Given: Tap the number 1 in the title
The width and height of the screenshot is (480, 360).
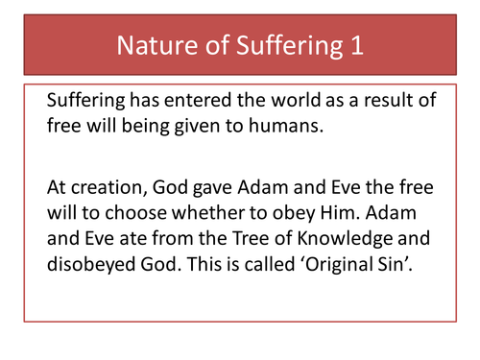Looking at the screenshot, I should coord(356,46).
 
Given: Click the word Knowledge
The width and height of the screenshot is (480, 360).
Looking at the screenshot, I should coord(348,233).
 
